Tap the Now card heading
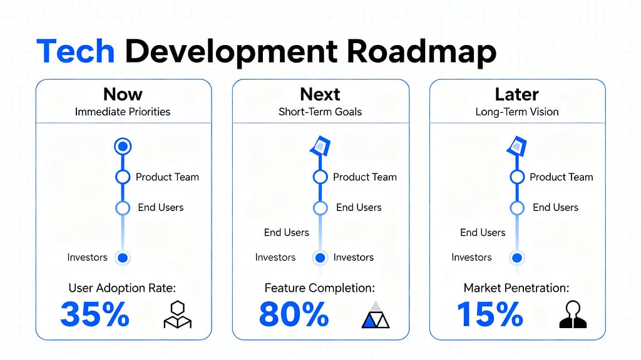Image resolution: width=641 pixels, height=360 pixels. [x=123, y=95]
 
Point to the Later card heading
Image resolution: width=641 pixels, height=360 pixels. [x=516, y=95]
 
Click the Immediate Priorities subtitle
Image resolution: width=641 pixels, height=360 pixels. [x=123, y=112]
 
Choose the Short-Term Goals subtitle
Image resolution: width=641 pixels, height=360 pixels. [x=320, y=112]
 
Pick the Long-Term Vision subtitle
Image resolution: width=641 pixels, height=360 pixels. [x=517, y=112]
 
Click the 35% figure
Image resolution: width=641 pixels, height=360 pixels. [x=95, y=314]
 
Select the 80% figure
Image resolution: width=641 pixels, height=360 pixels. [x=294, y=314]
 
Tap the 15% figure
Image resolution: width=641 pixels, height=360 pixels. [x=490, y=314]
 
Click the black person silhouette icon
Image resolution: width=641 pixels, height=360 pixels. [x=573, y=315]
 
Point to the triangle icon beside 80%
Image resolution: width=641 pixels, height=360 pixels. [x=376, y=315]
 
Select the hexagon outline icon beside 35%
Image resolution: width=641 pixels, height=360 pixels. [x=177, y=315]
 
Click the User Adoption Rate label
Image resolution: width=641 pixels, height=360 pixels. [x=123, y=288]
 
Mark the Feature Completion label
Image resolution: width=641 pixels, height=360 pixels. [x=320, y=288]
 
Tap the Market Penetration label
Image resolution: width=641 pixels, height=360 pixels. [x=516, y=288]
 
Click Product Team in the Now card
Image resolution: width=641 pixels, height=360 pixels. [x=167, y=177]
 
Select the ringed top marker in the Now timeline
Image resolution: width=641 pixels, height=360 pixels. [x=123, y=147]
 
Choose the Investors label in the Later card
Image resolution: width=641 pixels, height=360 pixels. [x=471, y=257]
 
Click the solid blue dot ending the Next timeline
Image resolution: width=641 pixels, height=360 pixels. [x=320, y=257]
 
